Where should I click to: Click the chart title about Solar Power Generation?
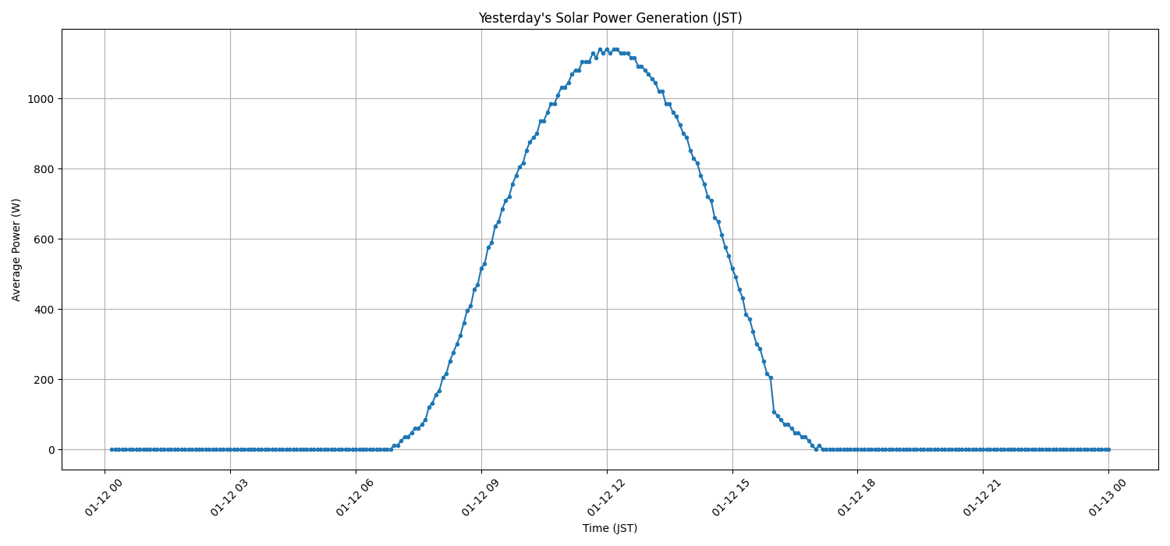click(610, 18)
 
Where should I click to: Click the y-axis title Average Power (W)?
click(16, 250)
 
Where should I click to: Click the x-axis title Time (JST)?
click(610, 528)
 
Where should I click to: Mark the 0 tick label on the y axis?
click(51, 450)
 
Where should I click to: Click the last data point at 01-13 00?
click(1108, 449)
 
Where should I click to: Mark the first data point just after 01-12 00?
click(112, 449)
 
